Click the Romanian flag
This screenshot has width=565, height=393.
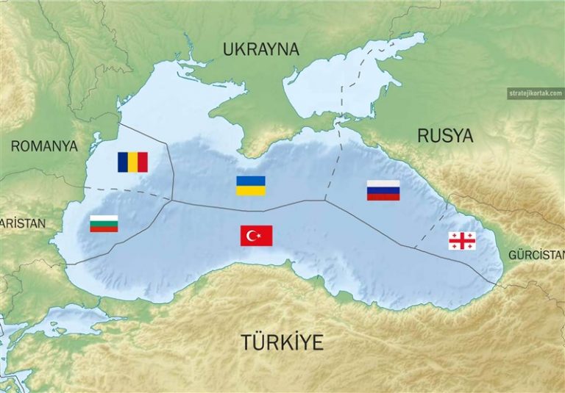coord(132,162)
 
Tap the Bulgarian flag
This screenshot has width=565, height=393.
coord(104,223)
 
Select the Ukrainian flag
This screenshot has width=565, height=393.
coord(250,186)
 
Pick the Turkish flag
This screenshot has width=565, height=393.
coord(256,236)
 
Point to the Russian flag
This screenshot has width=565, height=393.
coord(383,190)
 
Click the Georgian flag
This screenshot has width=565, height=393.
coord(462,240)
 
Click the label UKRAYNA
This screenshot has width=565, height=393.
coord(261,50)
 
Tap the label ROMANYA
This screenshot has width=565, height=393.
coord(44,146)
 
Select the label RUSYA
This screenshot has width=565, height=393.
coord(445,135)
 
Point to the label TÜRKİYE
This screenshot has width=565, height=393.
coord(282,342)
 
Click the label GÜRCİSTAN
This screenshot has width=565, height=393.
coord(536,255)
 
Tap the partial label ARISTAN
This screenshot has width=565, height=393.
coord(22,223)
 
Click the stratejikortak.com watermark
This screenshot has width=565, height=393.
coord(535,93)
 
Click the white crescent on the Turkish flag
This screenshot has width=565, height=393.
coord(252,236)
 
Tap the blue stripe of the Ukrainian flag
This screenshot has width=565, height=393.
coord(250,181)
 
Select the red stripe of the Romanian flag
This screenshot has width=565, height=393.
coord(143,162)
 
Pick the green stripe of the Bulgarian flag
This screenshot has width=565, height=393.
coord(104,223)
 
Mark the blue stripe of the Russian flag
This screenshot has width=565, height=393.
coord(383,190)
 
